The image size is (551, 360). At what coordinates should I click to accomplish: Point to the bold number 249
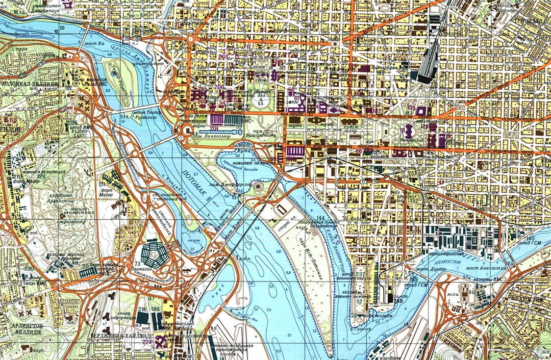tap(398, 301)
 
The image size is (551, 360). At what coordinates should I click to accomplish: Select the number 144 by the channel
tap(320, 219)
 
